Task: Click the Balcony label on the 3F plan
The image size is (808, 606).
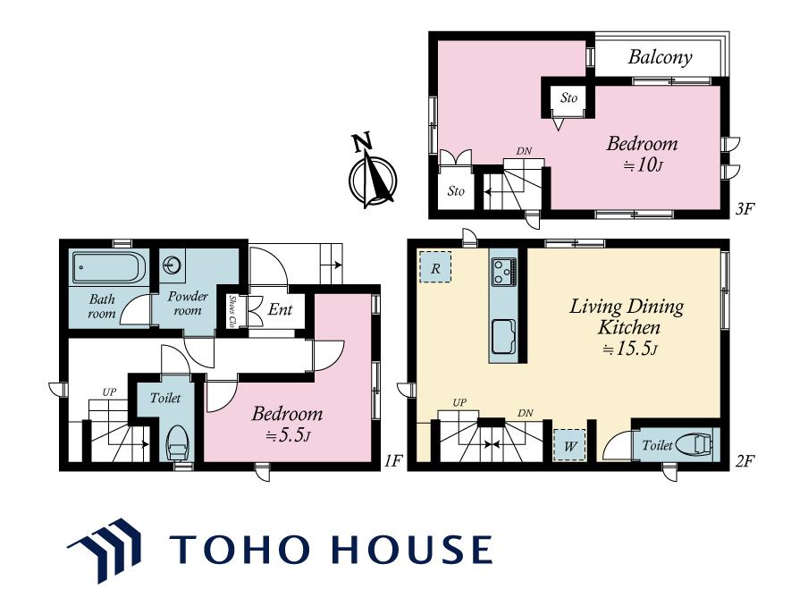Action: click(660, 57)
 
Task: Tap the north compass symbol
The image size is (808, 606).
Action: click(372, 173)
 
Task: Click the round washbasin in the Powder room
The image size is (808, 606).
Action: click(171, 265)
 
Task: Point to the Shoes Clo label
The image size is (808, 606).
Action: click(231, 311)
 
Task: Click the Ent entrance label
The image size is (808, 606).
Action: click(280, 309)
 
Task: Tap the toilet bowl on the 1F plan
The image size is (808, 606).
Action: click(178, 442)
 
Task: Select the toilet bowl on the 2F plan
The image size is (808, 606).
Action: click(695, 445)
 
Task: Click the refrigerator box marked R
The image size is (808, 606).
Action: click(435, 267)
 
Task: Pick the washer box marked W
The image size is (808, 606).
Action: click(570, 445)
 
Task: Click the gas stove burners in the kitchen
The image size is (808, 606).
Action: click(503, 272)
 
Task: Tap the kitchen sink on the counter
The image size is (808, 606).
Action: click(503, 336)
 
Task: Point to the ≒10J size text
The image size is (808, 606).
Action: click(642, 165)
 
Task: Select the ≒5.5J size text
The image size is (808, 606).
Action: click(288, 436)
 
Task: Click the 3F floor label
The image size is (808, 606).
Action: click(745, 208)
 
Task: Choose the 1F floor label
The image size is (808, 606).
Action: click(393, 460)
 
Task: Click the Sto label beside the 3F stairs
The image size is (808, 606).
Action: click(456, 191)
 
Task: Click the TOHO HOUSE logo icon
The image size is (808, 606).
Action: click(105, 550)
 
